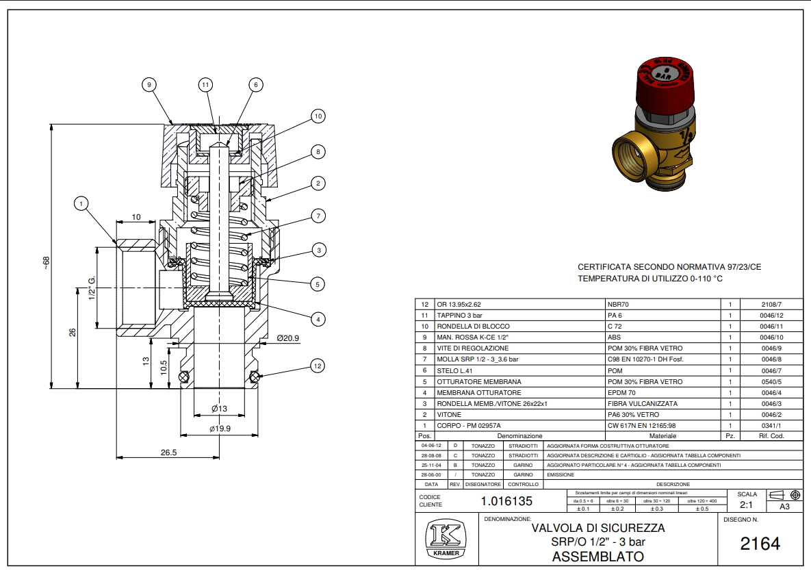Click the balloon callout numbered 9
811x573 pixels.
coord(149,84)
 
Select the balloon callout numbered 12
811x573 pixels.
coord(316,366)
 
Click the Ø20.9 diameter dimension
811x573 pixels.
coord(288,338)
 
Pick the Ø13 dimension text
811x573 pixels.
coord(218,408)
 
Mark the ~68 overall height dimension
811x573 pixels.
coord(47,263)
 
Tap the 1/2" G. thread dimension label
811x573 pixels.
coord(90,288)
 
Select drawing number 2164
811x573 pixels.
coord(760,544)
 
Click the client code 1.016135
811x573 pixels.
coord(506,500)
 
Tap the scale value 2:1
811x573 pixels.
coord(746,506)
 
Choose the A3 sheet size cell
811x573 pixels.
coord(784,507)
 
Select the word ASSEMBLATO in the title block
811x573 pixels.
coord(597,557)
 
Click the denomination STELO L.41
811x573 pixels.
coord(456,370)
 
